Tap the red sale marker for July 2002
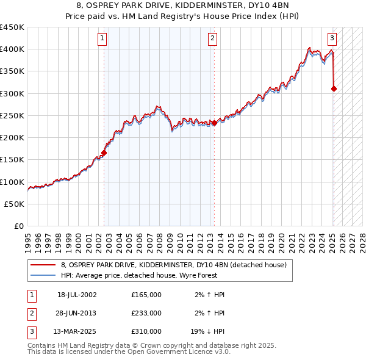pyautogui.click(x=104, y=153)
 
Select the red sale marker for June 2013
pyautogui.click(x=215, y=123)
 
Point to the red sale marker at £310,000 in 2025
pyautogui.click(x=334, y=89)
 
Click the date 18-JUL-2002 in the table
pyautogui.click(x=77, y=295)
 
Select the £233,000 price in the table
pyautogui.click(x=146, y=313)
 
